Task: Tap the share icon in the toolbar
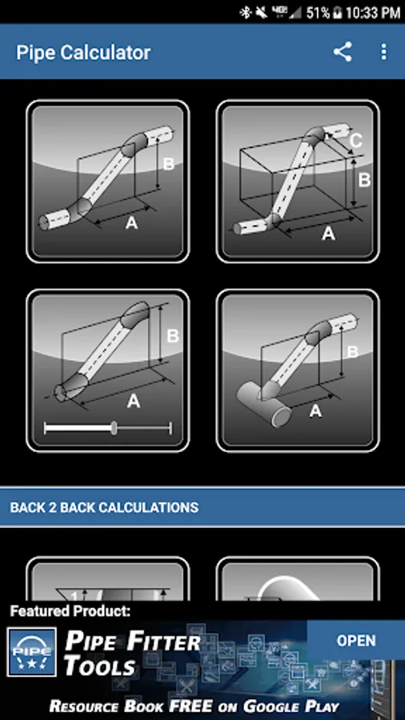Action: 343,52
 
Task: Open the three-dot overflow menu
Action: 384,52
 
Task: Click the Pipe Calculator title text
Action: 83,52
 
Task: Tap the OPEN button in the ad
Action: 356,641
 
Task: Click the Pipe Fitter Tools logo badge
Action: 32,652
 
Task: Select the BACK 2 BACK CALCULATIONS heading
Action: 104,507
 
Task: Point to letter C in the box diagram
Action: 355,141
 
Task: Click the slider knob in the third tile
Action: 114,429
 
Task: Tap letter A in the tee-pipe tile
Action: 315,411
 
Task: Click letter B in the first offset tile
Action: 169,164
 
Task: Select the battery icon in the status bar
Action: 338,12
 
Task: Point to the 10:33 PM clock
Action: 373,12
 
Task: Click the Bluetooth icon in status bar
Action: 245,12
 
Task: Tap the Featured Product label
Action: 70,611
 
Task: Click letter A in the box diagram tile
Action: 328,234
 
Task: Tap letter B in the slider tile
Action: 173,336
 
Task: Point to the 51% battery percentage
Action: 318,12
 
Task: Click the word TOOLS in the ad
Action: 100,666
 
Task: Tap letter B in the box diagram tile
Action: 364,180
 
